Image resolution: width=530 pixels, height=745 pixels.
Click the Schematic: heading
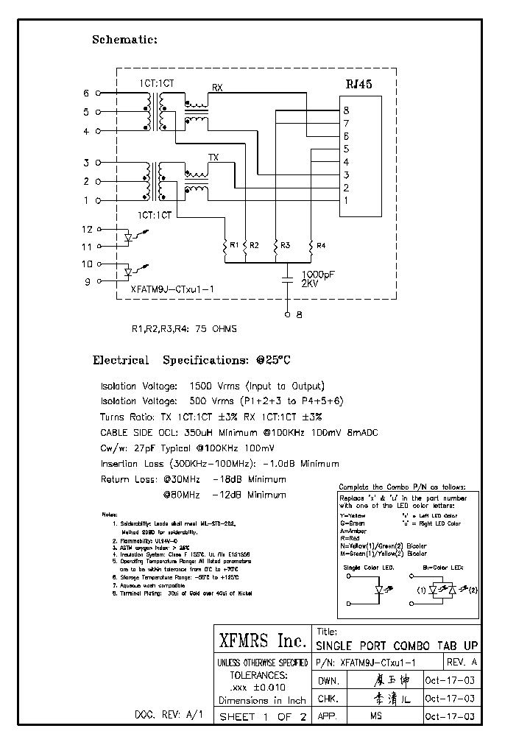pos(124,40)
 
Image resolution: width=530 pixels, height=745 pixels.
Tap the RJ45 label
pos(359,85)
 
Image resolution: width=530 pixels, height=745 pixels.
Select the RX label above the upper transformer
pos(217,88)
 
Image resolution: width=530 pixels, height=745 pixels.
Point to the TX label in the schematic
pos(213,158)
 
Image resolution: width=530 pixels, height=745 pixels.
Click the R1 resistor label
pos(233,244)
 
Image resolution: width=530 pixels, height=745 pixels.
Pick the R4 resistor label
pos(320,244)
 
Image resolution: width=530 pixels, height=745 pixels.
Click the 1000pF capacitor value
pos(319,273)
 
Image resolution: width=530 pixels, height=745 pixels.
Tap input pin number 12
pos(86,230)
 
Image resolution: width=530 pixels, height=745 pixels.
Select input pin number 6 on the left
pos(86,93)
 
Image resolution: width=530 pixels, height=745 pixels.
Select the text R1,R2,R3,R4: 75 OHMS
pos(183,329)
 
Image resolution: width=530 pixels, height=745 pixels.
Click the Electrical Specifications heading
pos(191,361)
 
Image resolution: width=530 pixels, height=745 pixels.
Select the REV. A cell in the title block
pos(462,663)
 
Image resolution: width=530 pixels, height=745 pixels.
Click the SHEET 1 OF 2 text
pos(261,716)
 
